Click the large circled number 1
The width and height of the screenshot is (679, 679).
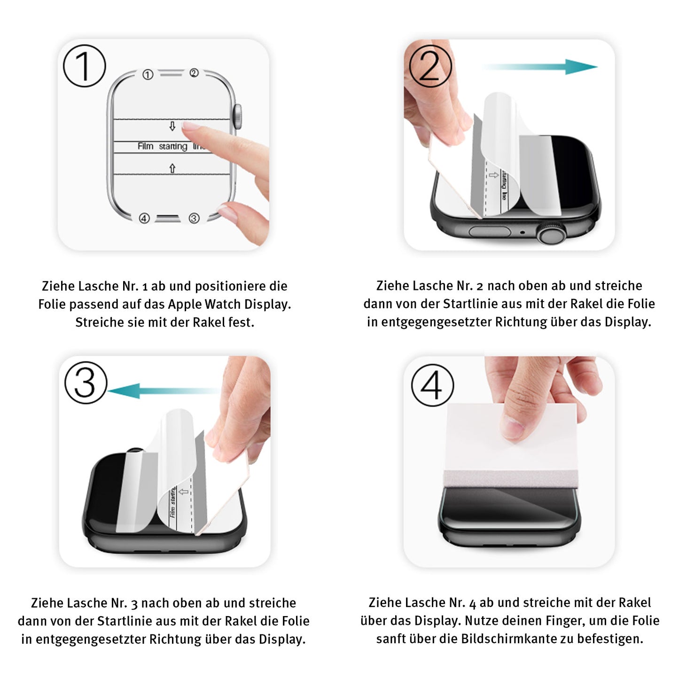tap(85, 66)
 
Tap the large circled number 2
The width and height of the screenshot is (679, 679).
tap(430, 66)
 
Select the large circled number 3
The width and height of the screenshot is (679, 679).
tap(86, 382)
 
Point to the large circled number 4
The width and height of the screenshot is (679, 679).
tap(432, 385)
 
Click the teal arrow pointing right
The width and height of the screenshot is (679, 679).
tap(540, 67)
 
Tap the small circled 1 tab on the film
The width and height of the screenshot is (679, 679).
tap(148, 75)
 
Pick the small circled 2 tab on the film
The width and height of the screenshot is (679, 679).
tap(194, 73)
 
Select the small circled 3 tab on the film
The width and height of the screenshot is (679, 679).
tap(194, 218)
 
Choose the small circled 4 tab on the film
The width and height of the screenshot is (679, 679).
tap(144, 218)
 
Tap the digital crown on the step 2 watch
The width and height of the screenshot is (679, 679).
tap(551, 233)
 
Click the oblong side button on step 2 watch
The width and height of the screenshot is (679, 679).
tap(490, 231)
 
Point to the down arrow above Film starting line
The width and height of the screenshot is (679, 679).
tap(172, 126)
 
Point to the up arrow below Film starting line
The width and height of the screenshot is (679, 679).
tap(172, 168)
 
